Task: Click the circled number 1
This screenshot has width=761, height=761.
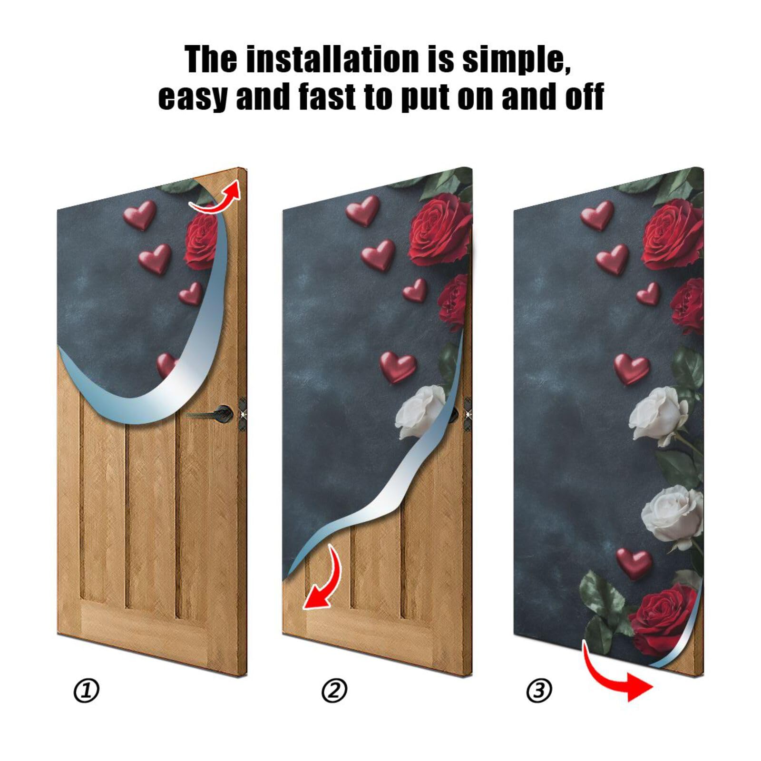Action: [x=86, y=691]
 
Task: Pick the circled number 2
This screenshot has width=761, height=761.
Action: [x=334, y=691]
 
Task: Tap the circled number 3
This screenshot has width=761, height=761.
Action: [x=539, y=691]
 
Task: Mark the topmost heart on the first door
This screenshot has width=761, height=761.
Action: [x=140, y=215]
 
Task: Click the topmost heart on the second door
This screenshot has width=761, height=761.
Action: [x=363, y=210]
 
